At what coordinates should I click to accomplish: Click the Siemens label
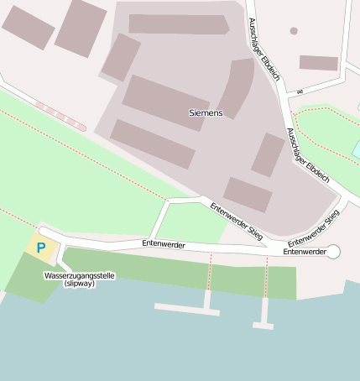[206, 112]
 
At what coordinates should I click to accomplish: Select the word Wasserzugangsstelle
[79, 275]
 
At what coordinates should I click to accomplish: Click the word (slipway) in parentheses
[79, 284]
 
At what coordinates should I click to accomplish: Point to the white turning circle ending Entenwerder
[333, 252]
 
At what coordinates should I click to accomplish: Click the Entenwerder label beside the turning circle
[304, 252]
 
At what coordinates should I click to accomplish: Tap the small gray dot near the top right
[294, 31]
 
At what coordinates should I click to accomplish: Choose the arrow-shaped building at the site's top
[179, 23]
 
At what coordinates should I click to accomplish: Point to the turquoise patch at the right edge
[356, 150]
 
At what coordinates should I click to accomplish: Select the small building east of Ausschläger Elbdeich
[319, 63]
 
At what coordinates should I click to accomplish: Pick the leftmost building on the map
[28, 27]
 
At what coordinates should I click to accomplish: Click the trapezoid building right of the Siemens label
[268, 154]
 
